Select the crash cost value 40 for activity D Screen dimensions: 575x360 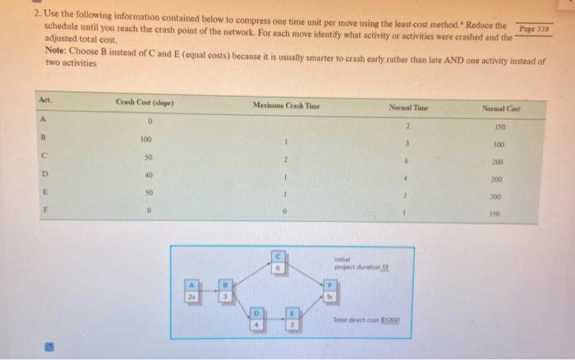[x=147, y=175]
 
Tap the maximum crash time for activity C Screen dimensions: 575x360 [x=284, y=158]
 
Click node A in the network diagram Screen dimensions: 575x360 [x=192, y=290]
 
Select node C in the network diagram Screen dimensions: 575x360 [x=278, y=264]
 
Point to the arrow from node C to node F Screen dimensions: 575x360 [x=306, y=276]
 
